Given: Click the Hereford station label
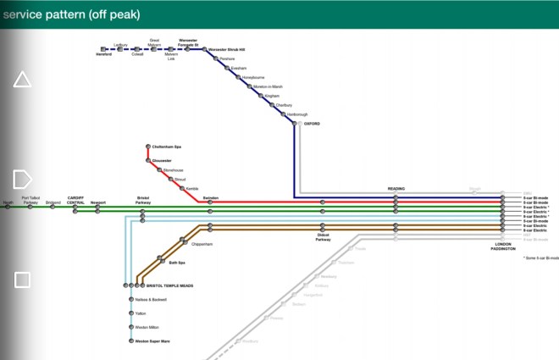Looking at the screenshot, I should (x=103, y=54).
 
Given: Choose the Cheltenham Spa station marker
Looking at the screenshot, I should (x=148, y=147).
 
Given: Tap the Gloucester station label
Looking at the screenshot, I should (x=162, y=160).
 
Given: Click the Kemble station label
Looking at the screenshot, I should (x=191, y=188).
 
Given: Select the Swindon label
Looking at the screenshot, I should (x=211, y=197).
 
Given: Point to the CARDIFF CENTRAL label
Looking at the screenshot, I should (x=76, y=201).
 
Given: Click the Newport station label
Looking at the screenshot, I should (x=98, y=203).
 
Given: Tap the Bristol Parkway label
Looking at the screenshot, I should (x=143, y=201).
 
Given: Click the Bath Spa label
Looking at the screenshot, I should (x=177, y=263).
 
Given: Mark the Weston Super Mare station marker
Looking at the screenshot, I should (x=131, y=341).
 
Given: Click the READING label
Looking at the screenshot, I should (x=396, y=189).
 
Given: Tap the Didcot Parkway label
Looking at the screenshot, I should (x=324, y=238).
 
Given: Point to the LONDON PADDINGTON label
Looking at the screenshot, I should (x=504, y=246).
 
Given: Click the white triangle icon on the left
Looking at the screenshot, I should (x=23, y=80).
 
